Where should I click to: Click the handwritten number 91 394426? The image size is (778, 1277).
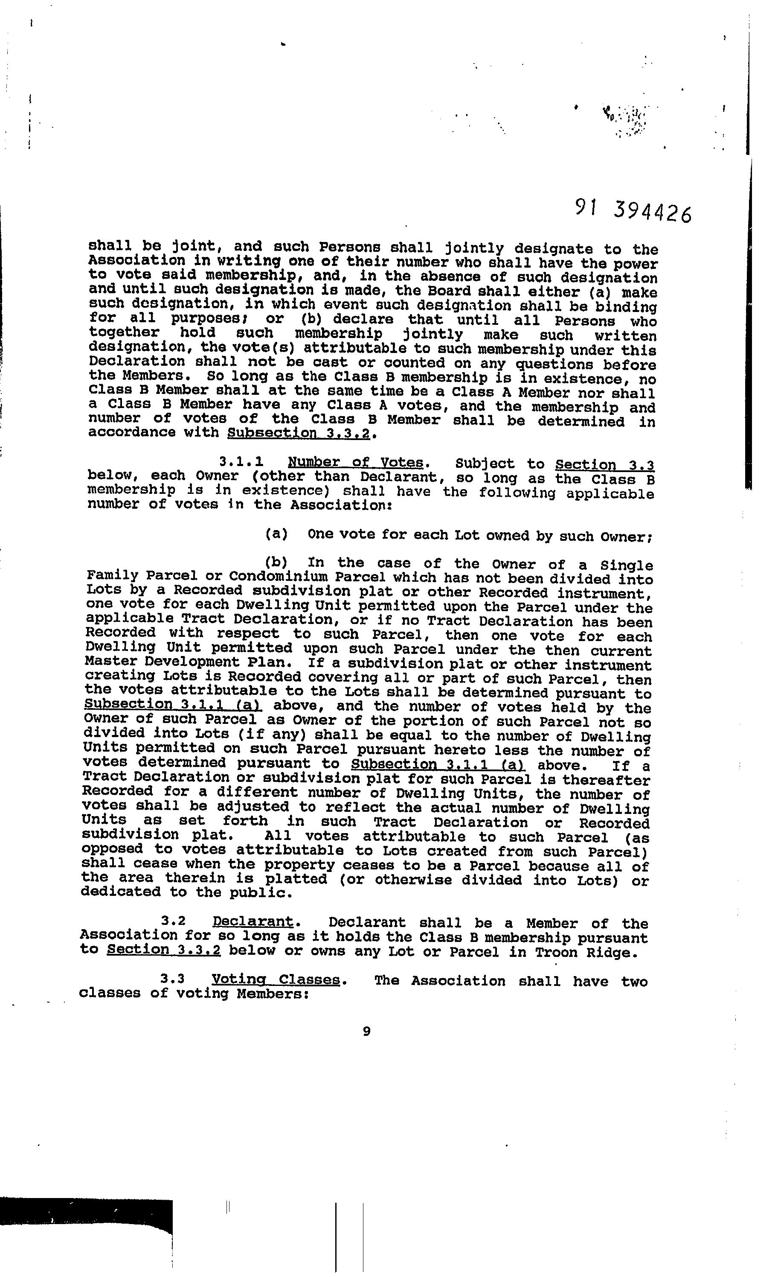point(633,210)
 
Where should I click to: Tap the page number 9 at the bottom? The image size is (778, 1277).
point(367,1031)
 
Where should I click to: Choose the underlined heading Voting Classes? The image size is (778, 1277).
point(276,980)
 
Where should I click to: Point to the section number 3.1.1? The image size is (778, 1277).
point(241,461)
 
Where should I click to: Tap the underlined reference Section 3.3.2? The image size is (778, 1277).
point(164,950)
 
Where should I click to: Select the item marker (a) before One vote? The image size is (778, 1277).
point(276,534)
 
